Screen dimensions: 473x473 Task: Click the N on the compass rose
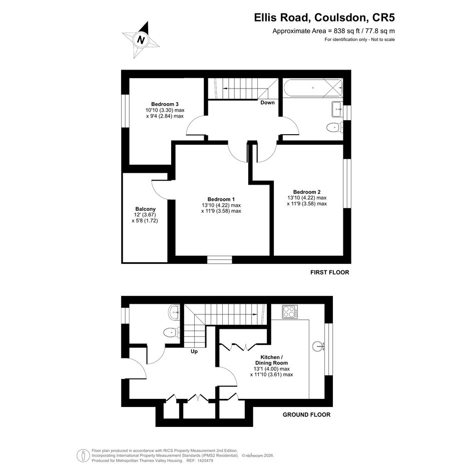pos(141,40)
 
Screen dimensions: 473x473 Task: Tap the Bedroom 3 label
pos(165,105)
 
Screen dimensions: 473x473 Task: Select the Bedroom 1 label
pos(221,199)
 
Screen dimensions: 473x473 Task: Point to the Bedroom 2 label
pos(307,192)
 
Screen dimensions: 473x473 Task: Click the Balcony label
pos(145,209)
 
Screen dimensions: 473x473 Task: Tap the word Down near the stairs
pos(268,103)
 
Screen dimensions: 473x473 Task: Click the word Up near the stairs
pos(194,351)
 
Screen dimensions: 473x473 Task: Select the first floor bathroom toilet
pos(334,128)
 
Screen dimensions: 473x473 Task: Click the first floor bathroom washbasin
pos(337,109)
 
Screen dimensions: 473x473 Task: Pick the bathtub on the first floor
pos(313,88)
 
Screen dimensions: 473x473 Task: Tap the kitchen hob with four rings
pos(290,312)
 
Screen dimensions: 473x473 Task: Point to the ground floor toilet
pos(171,333)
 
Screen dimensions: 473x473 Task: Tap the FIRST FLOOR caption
pos(330,272)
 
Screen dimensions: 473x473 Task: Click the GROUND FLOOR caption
pos(306,415)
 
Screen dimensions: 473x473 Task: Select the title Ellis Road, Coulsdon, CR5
pos(324,18)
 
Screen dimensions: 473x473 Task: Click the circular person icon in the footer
pos(83,455)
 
